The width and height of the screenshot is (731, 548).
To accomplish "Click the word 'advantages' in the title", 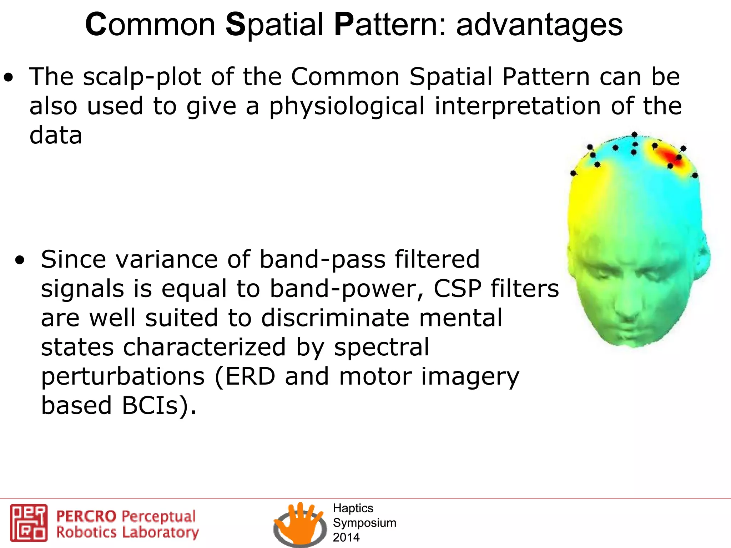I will (539, 26).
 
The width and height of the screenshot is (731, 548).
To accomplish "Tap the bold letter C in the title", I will (96, 25).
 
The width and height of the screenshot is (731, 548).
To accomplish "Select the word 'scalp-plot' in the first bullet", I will (142, 77).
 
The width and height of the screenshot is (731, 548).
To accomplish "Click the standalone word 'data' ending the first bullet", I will (56, 136).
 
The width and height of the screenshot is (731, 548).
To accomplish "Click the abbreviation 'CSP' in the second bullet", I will (458, 289).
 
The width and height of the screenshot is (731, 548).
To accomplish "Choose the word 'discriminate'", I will (336, 318).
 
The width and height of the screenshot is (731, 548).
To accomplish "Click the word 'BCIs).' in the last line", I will (158, 406).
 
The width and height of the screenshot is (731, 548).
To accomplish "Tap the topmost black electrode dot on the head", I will (634, 135).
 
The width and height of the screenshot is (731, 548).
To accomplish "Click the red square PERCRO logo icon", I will (29, 523).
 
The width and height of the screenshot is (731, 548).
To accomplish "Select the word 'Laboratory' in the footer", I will (160, 532).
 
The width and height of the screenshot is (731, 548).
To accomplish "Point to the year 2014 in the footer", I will (346, 537).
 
